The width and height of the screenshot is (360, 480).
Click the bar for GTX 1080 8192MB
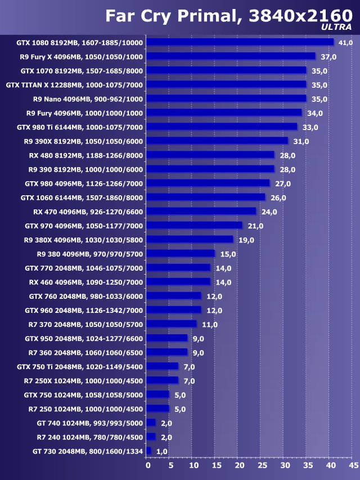point(240,42)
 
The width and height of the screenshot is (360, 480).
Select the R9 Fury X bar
point(231,56)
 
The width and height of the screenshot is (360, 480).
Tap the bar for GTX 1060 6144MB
point(206,197)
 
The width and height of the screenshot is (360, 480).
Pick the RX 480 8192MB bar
point(210,155)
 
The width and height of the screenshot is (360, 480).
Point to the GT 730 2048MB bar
point(149,451)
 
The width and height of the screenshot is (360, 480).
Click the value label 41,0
point(345,43)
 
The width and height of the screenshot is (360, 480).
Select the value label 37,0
point(328,57)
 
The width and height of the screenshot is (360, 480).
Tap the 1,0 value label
point(162,451)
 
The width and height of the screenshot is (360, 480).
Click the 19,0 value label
point(246,240)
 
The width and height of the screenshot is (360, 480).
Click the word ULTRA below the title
point(336,26)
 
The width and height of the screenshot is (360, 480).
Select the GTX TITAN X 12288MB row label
point(74,85)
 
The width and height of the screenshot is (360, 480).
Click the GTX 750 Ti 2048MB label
point(80,366)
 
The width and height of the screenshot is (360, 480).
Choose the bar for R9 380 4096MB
point(181,254)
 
